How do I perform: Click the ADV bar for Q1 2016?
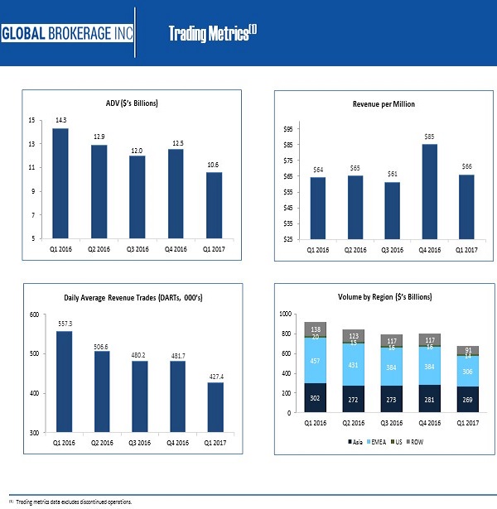(x=60, y=183)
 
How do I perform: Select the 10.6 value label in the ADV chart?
(x=213, y=164)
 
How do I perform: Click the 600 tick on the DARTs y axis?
(x=34, y=315)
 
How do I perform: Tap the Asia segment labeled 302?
(x=316, y=398)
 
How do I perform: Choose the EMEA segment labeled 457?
(x=316, y=361)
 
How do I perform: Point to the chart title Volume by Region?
(x=384, y=296)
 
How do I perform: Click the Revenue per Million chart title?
(x=384, y=104)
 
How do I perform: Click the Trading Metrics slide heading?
(x=212, y=33)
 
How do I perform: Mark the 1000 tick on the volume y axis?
(x=286, y=315)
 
